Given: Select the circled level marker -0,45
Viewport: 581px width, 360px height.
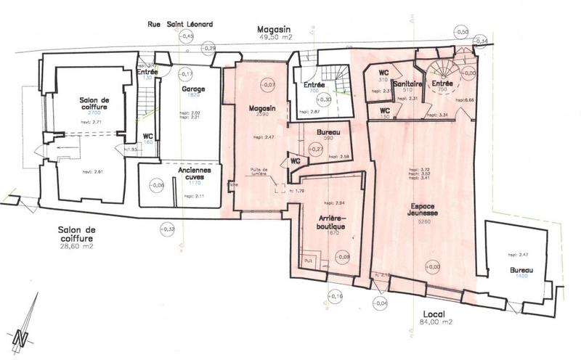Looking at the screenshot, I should pos(187,36).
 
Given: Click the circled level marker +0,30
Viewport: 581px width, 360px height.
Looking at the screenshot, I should pos(325,99).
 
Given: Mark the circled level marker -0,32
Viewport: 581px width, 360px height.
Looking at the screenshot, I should pos(168,229).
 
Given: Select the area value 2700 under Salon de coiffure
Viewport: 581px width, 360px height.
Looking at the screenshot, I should pos(94,114).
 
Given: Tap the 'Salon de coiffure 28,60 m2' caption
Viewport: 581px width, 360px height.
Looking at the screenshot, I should pos(77,237).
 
